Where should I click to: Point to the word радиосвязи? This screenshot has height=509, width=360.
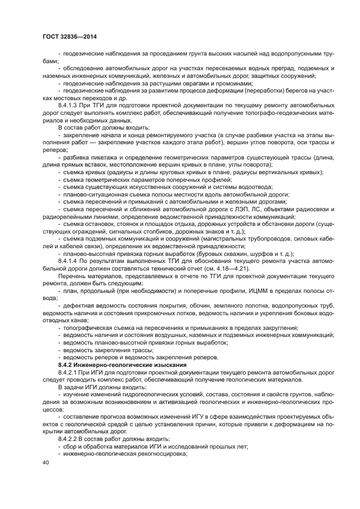[x=320, y=208]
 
